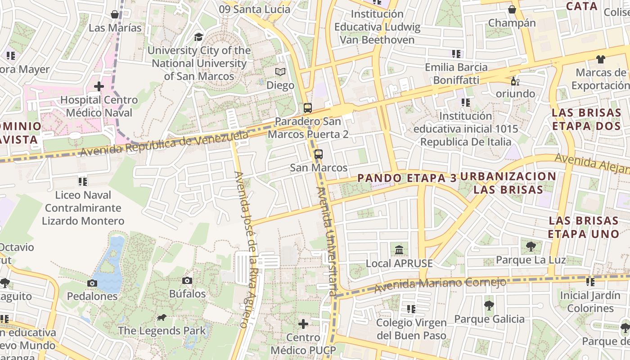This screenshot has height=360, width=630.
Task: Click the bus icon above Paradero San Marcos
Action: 308,108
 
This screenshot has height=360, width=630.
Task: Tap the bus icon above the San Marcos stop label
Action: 319,154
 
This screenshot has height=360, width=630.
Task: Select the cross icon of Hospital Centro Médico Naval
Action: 99,86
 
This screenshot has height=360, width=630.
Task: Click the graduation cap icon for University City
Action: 198,37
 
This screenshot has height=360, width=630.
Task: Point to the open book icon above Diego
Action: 280,72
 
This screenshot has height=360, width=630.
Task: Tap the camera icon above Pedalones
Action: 92,283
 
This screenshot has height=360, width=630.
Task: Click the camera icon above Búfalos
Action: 187,280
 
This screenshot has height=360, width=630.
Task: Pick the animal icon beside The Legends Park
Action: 162,318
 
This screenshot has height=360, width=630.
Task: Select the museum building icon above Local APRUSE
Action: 399,250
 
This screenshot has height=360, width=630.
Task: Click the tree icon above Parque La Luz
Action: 531,246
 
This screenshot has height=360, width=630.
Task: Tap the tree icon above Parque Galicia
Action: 489,306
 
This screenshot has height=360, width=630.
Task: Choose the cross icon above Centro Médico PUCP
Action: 304,324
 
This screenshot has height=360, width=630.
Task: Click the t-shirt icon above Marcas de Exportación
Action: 601,59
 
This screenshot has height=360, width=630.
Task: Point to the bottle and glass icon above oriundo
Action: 515,81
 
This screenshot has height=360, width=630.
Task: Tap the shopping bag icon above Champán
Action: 512,9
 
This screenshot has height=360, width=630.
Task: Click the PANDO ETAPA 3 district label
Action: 407,178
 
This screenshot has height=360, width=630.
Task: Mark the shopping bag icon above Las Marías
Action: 115,14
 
